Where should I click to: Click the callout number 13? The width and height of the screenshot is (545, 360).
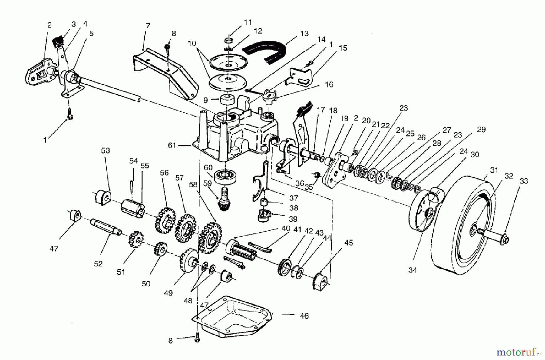pyautogui.click(x=304, y=33)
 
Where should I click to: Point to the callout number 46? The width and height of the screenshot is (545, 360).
pyautogui.click(x=304, y=316)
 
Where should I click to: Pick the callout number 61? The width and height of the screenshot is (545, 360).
pyautogui.click(x=172, y=146)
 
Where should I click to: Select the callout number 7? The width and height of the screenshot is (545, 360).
pyautogui.click(x=148, y=25)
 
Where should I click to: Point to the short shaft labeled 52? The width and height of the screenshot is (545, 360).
pyautogui.click(x=106, y=227)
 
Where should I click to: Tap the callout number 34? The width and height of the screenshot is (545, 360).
pyautogui.click(x=413, y=270)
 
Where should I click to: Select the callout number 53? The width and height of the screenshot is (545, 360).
pyautogui.click(x=105, y=150)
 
